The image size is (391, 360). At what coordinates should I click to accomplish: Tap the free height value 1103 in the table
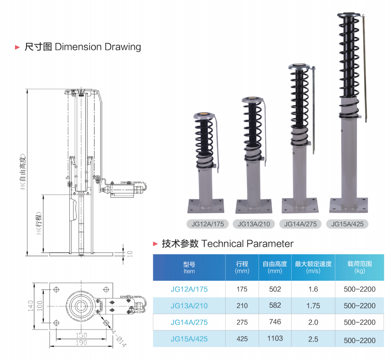(275, 339)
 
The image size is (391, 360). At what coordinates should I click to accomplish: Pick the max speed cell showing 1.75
(313, 306)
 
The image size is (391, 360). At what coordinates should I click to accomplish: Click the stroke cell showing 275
(242, 322)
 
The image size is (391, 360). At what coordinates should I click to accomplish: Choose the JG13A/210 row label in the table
(189, 306)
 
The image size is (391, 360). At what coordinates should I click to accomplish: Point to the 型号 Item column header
(189, 268)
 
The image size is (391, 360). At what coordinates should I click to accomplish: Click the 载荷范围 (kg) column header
(360, 267)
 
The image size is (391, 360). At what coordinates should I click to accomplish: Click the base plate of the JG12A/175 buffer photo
(206, 205)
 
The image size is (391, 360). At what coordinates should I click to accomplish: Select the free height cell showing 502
(275, 289)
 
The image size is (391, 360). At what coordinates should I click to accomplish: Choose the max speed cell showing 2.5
(313, 339)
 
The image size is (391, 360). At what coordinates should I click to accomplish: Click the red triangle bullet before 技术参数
(155, 244)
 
